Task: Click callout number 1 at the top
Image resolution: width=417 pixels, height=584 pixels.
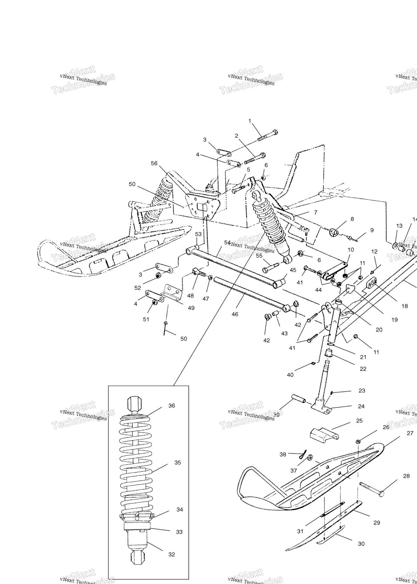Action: tap(250, 121)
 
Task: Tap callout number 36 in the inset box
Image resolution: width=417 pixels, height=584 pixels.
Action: tap(172, 405)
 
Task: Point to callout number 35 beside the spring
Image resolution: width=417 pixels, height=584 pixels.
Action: tap(178, 462)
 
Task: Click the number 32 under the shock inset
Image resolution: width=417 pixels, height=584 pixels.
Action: tap(172, 554)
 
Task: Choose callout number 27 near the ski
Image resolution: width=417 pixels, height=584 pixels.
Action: tap(410, 433)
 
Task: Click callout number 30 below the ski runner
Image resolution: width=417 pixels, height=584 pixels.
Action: tap(361, 544)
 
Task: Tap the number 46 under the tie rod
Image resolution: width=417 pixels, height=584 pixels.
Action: tap(235, 314)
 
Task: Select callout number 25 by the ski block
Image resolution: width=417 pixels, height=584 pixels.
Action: tap(359, 421)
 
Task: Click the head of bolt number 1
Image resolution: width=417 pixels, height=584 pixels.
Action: tap(275, 133)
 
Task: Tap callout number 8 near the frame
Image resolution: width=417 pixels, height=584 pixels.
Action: tap(352, 219)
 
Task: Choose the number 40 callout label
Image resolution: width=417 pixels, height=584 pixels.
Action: tap(290, 375)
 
